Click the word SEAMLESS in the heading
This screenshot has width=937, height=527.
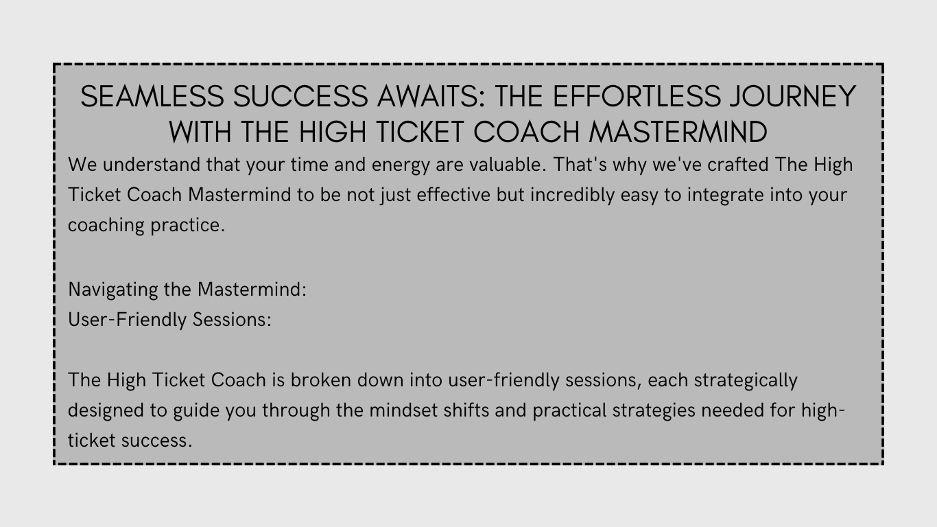152,96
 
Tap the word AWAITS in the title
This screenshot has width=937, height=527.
431,96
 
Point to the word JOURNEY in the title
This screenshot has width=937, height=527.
794,96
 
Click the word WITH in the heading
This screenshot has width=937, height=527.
200,132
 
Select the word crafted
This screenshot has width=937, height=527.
738,165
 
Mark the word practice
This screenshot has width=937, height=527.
188,226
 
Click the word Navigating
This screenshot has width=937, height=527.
113,290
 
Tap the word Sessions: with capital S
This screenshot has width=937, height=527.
232,320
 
